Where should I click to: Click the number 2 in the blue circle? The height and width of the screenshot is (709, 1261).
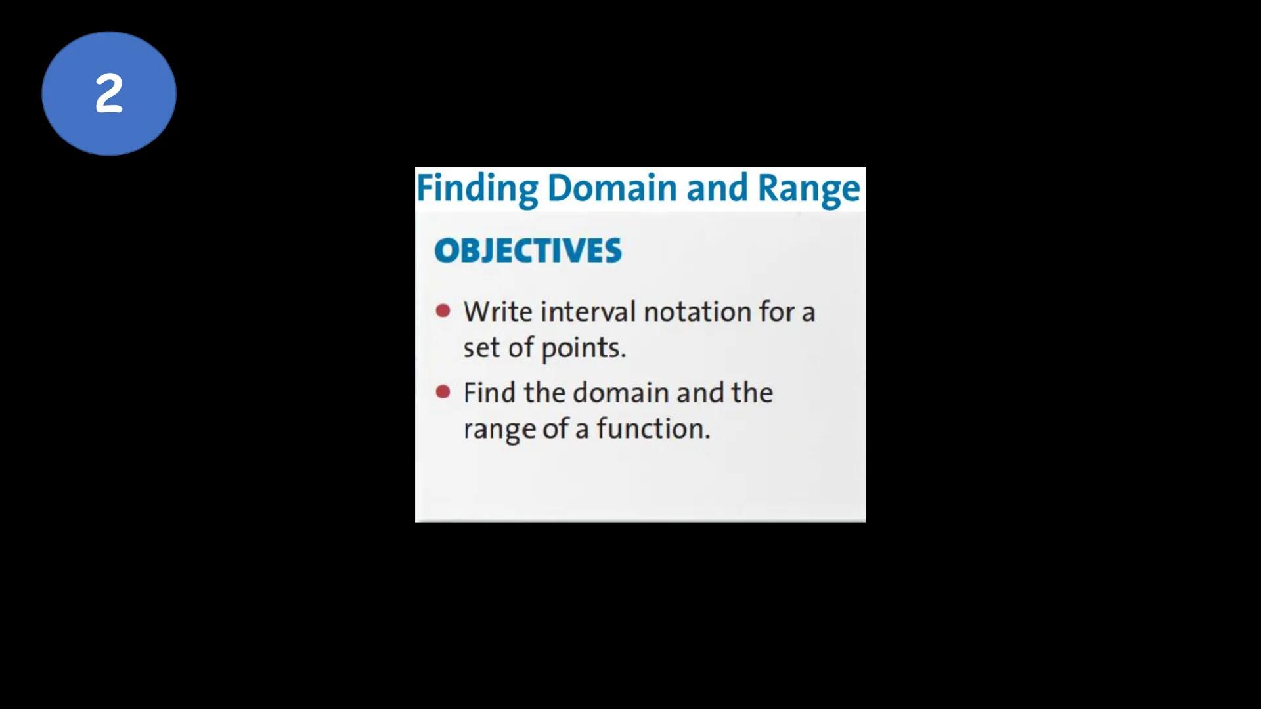pos(109,94)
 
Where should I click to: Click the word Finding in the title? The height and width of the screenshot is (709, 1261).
pos(477,188)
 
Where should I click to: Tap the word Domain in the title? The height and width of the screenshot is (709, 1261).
pos(612,188)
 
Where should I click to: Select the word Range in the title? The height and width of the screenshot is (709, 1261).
pos(808,188)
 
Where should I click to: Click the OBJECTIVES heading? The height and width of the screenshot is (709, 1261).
pos(527,251)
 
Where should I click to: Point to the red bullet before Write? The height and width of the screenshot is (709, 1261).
pos(443,311)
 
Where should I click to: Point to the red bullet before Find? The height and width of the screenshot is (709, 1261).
pos(443,392)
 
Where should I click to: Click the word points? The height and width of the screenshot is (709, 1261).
pos(583,348)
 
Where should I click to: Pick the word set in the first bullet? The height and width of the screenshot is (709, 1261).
pos(481,348)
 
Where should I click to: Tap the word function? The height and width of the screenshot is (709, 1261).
pos(653,429)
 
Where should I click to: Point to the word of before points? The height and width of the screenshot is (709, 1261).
pos(520,348)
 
